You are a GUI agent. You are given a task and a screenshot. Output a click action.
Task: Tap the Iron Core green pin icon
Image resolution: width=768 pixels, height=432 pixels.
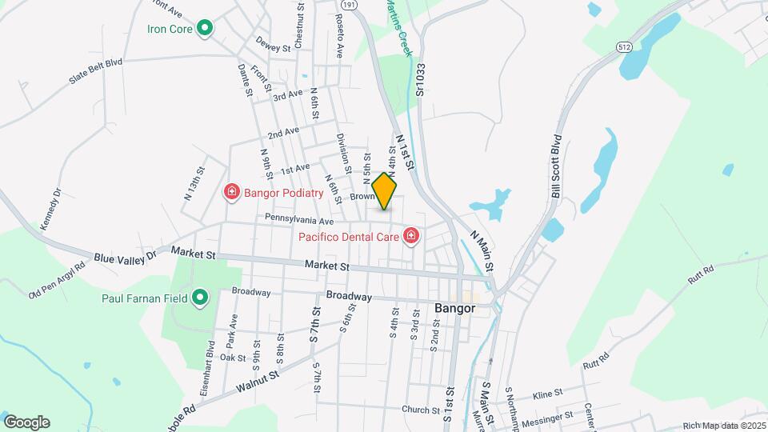(204, 30)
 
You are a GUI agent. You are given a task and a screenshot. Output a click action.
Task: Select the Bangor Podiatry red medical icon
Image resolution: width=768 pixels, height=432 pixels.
(232, 192)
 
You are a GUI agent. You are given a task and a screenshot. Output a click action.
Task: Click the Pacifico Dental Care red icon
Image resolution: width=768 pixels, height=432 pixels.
(411, 236)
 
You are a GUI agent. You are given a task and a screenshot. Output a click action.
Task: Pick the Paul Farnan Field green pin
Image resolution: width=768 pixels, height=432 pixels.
(199, 298)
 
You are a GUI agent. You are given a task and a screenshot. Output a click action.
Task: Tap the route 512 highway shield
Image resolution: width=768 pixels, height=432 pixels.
(625, 48)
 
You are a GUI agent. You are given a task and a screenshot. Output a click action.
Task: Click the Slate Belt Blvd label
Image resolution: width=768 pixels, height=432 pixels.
(95, 68)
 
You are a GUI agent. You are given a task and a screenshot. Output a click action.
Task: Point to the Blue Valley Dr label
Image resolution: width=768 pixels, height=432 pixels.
(126, 258)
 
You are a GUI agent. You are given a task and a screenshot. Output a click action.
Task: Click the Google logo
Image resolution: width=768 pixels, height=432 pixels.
(26, 422)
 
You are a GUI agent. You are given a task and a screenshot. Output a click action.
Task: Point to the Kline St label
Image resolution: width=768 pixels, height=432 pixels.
(548, 394)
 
